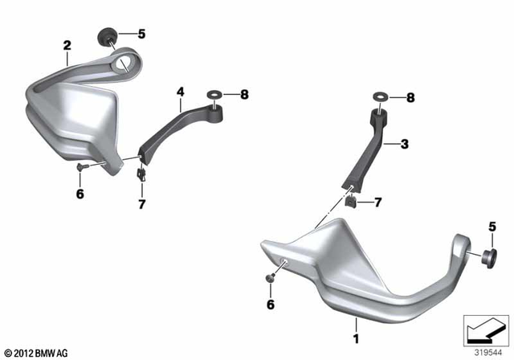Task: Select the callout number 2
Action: [67, 46]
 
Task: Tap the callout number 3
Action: [405, 144]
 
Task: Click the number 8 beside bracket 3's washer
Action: [410, 98]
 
